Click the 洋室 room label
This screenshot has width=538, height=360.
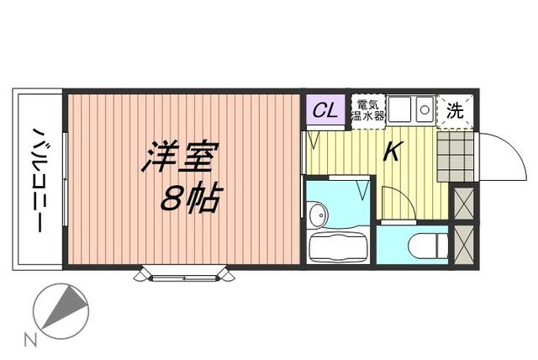181,156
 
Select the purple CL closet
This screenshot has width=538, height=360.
325,110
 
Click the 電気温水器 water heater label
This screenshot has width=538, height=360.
367,110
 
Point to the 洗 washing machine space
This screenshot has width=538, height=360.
455,111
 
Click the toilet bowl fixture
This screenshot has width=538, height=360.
428,246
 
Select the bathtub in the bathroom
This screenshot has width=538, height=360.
338,246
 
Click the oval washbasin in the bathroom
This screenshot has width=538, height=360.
318,215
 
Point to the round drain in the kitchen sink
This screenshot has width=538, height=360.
425,110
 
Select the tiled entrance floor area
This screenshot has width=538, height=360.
456,156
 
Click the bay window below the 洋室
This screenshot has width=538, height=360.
185,274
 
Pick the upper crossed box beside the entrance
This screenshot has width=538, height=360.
463,204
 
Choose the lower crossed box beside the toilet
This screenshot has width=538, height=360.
463,245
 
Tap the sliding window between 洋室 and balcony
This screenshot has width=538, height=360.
66,179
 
